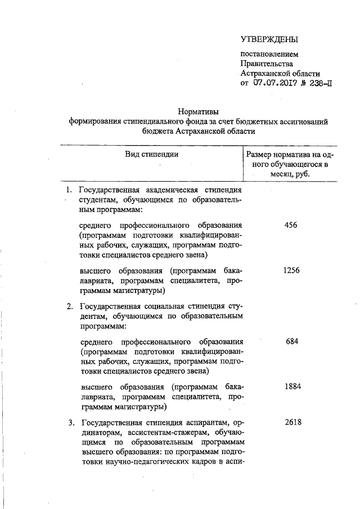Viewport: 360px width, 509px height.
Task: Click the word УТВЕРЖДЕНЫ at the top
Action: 269,39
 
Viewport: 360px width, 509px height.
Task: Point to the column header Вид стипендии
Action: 151,154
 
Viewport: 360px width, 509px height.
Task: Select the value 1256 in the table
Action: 291,271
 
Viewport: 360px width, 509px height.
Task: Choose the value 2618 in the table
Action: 291,422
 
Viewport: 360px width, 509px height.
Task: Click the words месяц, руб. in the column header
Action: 292,174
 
